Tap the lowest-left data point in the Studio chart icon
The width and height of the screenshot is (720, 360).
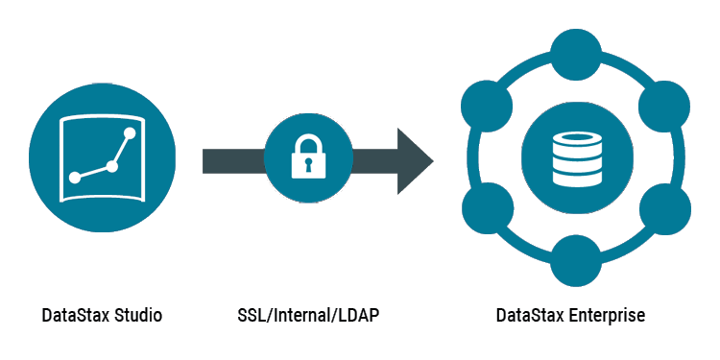tap(75, 177)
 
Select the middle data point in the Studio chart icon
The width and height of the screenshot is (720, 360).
tap(112, 166)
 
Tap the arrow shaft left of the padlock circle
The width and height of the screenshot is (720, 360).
tap(230, 161)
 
